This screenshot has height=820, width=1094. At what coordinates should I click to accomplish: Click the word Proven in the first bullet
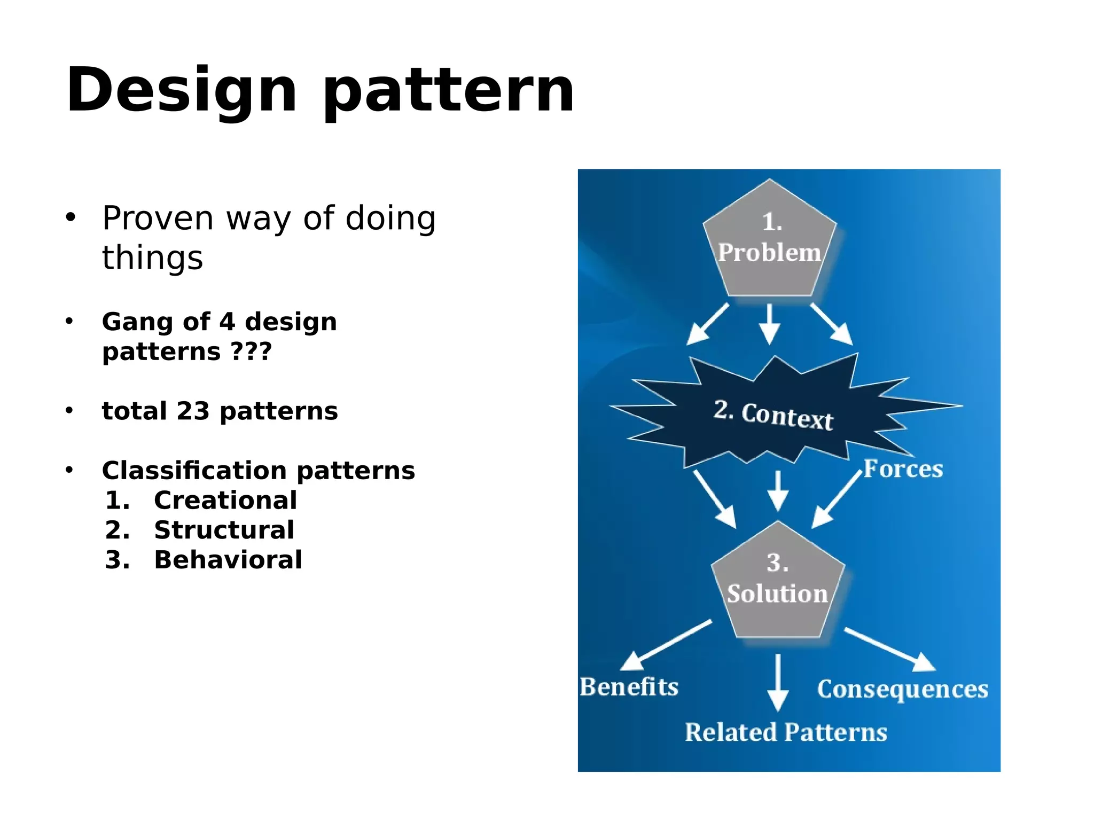tap(158, 218)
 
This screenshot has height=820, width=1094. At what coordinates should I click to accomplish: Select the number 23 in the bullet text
tap(193, 411)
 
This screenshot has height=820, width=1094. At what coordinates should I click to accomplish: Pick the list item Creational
tap(225, 501)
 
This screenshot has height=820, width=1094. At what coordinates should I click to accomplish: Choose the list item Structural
tap(224, 530)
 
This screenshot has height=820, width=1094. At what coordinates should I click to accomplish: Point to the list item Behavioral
tap(228, 560)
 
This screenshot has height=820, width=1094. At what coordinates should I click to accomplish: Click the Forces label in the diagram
tap(903, 469)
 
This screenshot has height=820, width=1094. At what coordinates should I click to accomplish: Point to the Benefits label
tap(629, 687)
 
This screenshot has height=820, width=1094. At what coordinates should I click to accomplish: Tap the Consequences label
tap(902, 689)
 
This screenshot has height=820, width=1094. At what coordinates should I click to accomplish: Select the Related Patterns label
tap(786, 732)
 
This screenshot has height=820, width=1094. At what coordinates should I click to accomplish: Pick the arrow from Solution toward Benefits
tap(665, 645)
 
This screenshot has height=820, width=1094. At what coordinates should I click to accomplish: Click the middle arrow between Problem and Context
tap(769, 323)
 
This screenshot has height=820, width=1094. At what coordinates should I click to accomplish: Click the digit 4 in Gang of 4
tap(226, 322)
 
